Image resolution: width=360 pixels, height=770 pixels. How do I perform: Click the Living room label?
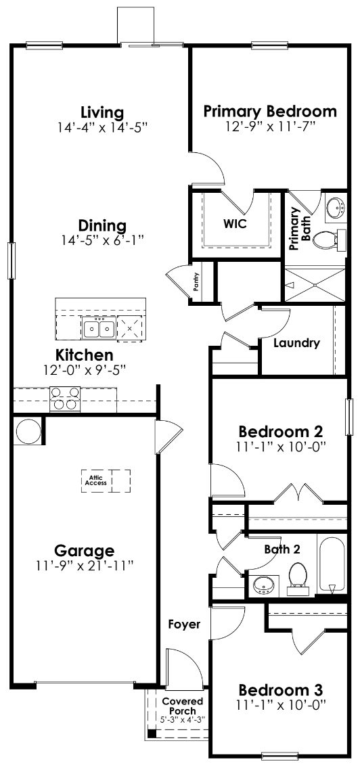(102, 112)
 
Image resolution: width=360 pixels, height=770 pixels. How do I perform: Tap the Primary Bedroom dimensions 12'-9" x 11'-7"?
(270, 126)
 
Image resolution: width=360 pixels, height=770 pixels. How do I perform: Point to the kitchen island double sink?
(99, 329)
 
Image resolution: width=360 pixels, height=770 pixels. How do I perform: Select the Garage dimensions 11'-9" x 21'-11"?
(85, 566)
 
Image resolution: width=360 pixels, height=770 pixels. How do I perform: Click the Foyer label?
(184, 625)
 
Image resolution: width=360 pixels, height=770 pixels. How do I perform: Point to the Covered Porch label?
(182, 706)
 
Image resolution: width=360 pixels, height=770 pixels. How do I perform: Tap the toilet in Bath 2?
(298, 577)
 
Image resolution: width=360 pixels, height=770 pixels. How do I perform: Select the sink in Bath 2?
(261, 585)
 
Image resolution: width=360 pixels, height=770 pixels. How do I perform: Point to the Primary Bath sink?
(335, 208)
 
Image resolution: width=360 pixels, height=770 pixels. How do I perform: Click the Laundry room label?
(296, 343)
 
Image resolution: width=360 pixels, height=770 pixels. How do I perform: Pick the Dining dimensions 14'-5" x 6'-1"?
(102, 240)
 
